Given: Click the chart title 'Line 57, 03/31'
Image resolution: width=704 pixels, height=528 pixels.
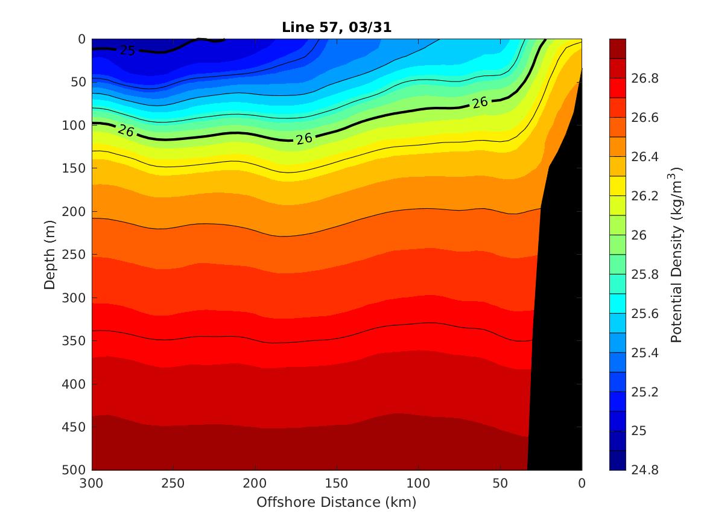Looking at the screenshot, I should [x=337, y=27].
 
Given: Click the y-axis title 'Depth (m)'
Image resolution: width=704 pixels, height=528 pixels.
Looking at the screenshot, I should [x=50, y=254].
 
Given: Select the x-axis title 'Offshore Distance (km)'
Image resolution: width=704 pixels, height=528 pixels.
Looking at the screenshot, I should [x=337, y=502].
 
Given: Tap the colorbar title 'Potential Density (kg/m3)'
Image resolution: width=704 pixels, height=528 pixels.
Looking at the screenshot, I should [x=676, y=254].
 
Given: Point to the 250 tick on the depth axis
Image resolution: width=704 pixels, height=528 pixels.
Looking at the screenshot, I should [x=75, y=255].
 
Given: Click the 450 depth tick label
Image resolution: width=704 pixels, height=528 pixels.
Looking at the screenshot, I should [x=75, y=427].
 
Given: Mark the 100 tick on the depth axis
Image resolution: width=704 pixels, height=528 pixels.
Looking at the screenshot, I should [x=75, y=126].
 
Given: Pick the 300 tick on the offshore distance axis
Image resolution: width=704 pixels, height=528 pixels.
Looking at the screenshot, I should [x=92, y=483].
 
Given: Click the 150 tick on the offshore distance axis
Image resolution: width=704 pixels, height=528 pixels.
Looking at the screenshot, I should [x=337, y=483].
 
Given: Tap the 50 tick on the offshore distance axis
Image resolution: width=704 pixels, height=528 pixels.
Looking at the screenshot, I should [x=500, y=483].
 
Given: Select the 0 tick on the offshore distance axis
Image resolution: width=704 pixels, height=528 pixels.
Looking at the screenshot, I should [x=582, y=483].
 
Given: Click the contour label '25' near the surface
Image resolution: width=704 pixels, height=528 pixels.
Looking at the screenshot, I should [x=127, y=51].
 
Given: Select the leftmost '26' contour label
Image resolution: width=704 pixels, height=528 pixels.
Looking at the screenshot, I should [x=126, y=130].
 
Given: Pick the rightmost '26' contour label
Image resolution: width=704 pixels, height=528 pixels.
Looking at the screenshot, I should [x=480, y=103].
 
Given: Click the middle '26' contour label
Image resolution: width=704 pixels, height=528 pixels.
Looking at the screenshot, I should [x=304, y=139].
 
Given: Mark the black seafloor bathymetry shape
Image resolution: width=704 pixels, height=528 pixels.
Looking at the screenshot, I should [x=558, y=302].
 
